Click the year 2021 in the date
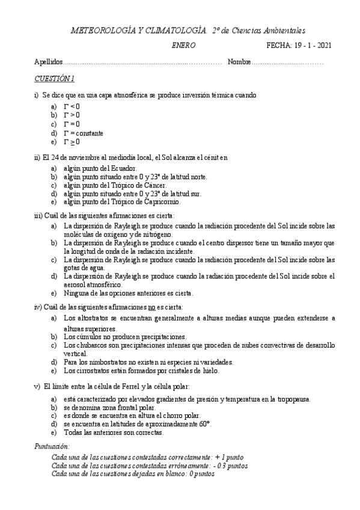pyautogui.click(x=322, y=45)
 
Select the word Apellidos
pyautogui.click(x=48, y=63)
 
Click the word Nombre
pyautogui.click(x=239, y=63)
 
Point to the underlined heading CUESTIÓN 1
pyautogui.click(x=54, y=79)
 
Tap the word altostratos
pyautogui.click(x=93, y=318)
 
